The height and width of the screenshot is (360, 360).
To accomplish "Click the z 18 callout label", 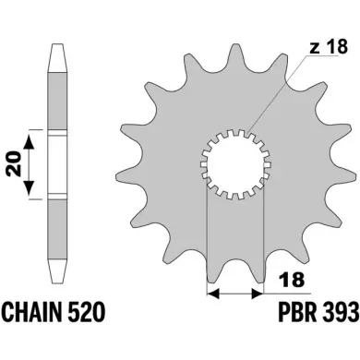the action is [x=329, y=47].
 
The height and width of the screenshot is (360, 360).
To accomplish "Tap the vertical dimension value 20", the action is [x=15, y=163].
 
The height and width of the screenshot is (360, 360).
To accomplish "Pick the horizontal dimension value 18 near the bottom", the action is [x=291, y=280].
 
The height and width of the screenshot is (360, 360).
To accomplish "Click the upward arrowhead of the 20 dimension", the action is [x=29, y=142].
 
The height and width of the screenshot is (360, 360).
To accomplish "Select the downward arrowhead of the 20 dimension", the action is [x=29, y=187].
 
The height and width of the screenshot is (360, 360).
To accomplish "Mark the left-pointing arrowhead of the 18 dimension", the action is [x=213, y=294].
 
